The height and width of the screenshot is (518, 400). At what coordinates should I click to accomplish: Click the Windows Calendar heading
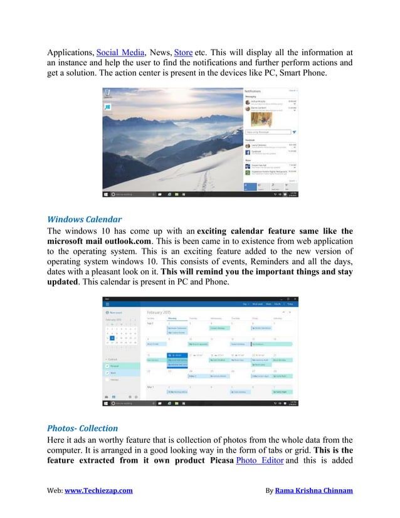pos(85,219)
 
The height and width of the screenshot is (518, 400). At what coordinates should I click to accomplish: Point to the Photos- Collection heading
pos(83,428)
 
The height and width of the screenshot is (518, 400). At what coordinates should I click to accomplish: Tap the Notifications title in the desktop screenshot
pos(257,91)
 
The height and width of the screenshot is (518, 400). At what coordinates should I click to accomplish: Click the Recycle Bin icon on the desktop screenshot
pos(108,93)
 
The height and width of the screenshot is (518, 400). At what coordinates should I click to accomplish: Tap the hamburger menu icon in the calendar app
pos(107,304)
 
